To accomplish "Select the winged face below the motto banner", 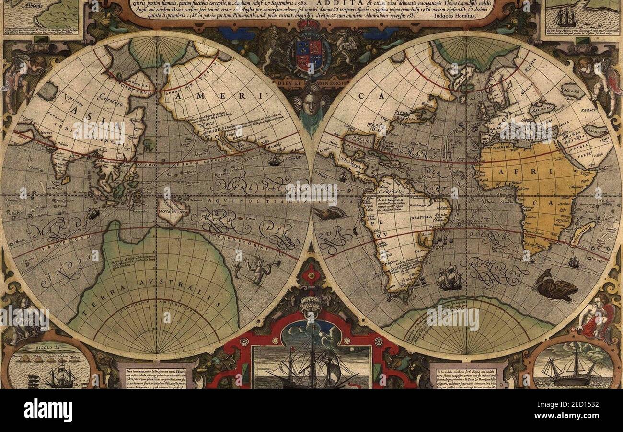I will click(311, 102).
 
